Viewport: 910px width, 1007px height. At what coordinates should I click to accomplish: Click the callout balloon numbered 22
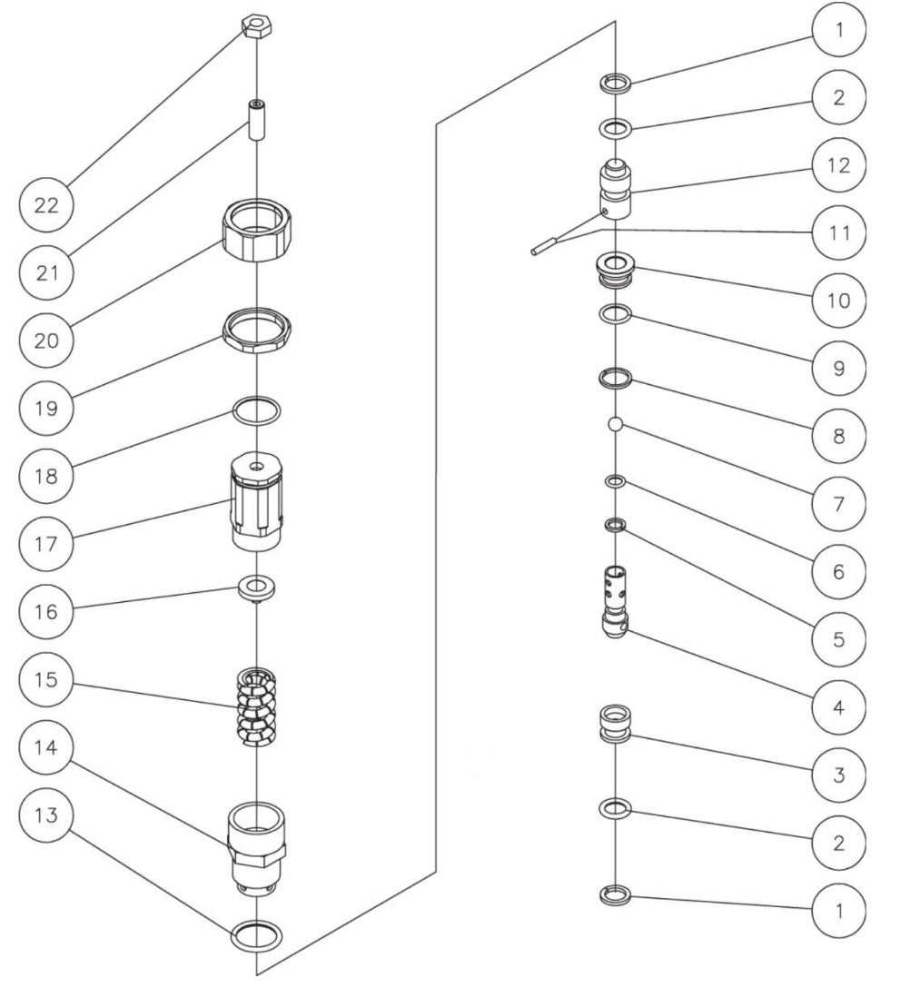pos(46,205)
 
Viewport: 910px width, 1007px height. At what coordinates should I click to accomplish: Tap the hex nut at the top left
pos(255,27)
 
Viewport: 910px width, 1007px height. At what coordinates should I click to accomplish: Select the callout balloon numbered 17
pos(46,544)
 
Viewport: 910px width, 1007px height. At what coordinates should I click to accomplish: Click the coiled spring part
pos(255,707)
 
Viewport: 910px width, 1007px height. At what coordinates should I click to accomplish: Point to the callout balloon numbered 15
pos(46,679)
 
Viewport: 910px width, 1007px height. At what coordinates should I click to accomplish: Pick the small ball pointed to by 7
pos(615,424)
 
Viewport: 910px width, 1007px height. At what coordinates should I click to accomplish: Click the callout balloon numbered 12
pos(839,165)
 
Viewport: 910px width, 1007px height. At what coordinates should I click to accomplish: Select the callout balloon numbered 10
pos(839,300)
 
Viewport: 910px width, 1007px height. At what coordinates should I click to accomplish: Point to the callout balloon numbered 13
pos(46,815)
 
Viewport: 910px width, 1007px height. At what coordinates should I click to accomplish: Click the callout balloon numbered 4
pos(839,707)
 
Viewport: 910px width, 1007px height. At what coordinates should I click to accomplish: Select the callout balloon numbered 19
pos(46,408)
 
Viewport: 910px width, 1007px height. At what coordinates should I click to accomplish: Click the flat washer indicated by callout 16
pos(256,588)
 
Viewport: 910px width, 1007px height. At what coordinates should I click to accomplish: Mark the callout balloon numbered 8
pos(839,436)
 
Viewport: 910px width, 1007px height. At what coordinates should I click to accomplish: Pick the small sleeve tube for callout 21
pos(255,120)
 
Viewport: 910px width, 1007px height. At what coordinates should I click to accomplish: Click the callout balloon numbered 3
pos(839,775)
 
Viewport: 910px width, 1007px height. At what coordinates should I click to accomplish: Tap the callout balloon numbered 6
pos(839,571)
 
